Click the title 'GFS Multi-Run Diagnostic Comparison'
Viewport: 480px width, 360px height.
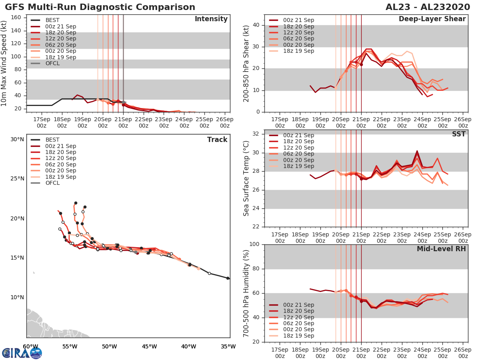(100, 7)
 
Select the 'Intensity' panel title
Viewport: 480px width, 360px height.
(211, 19)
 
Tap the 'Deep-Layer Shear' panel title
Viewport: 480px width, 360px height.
(432, 19)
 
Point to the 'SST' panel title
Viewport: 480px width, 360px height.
(459, 134)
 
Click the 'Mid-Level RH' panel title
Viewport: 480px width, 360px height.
(441, 249)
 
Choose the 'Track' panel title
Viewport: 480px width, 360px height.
(217, 140)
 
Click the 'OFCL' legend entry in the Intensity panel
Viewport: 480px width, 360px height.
(53, 63)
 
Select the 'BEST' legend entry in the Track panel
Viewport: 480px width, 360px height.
(53, 140)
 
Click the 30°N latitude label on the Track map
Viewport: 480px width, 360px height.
(17, 140)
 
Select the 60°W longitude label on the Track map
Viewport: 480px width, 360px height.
(30, 346)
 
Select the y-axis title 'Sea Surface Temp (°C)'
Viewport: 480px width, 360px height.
(246, 178)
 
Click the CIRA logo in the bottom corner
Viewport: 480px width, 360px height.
(22, 353)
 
